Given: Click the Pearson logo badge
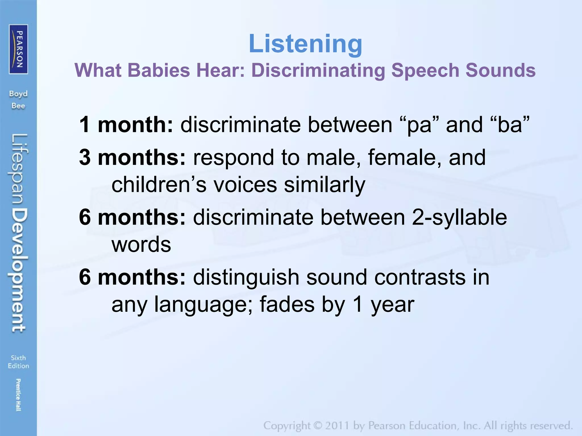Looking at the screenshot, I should tap(18, 49).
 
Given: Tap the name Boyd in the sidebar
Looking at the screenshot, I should tap(18, 94).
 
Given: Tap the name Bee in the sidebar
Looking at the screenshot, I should tap(18, 106).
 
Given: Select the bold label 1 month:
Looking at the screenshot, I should tap(126, 125).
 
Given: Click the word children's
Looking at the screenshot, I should tap(159, 185).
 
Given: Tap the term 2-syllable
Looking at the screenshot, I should tap(459, 218).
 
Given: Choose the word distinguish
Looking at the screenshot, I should tap(246, 278).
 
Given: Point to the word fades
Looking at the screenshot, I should tap(287, 304).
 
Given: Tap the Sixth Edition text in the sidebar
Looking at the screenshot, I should tap(18, 362).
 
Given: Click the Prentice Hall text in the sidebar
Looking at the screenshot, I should tap(18, 395).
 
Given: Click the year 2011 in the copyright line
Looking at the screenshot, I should tap(336, 426).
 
